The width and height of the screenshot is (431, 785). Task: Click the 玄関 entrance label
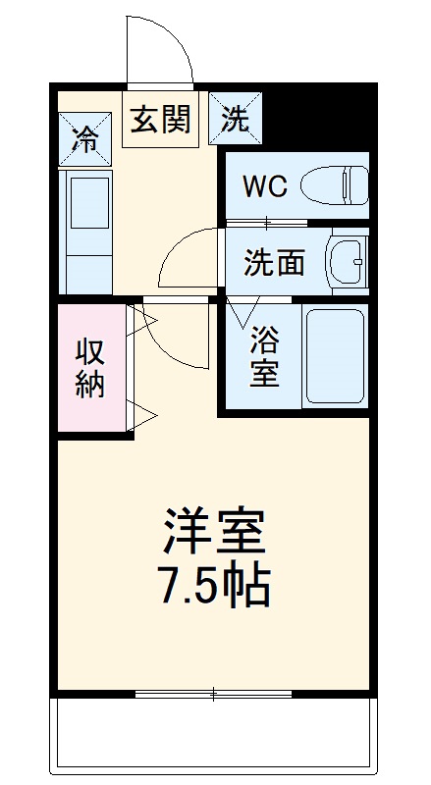click(x=158, y=122)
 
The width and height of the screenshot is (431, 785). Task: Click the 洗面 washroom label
click(x=274, y=262)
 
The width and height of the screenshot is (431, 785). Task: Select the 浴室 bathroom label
click(x=263, y=355)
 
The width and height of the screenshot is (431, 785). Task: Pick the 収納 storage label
click(x=90, y=368)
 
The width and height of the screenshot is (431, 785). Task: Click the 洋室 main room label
click(x=214, y=535)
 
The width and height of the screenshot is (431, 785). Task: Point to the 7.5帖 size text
click(x=214, y=586)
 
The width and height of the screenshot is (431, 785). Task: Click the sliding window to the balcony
click(x=214, y=695)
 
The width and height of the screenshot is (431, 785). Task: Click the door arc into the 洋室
click(x=182, y=339)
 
